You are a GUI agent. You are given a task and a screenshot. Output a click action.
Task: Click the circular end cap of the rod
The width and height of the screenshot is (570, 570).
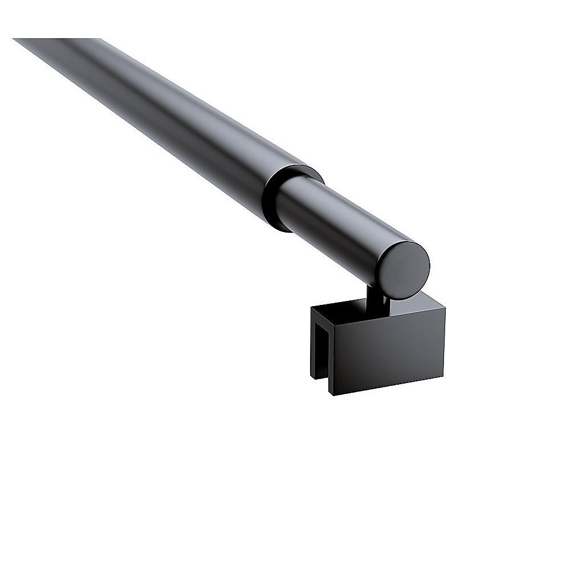(x=404, y=270)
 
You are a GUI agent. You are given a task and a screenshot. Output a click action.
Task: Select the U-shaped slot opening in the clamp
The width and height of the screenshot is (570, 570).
(x=323, y=353)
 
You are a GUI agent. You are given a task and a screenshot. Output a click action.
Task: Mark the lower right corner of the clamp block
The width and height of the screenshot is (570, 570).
(x=443, y=376)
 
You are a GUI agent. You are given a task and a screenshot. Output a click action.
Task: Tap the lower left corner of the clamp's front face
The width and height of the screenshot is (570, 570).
(x=333, y=395)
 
